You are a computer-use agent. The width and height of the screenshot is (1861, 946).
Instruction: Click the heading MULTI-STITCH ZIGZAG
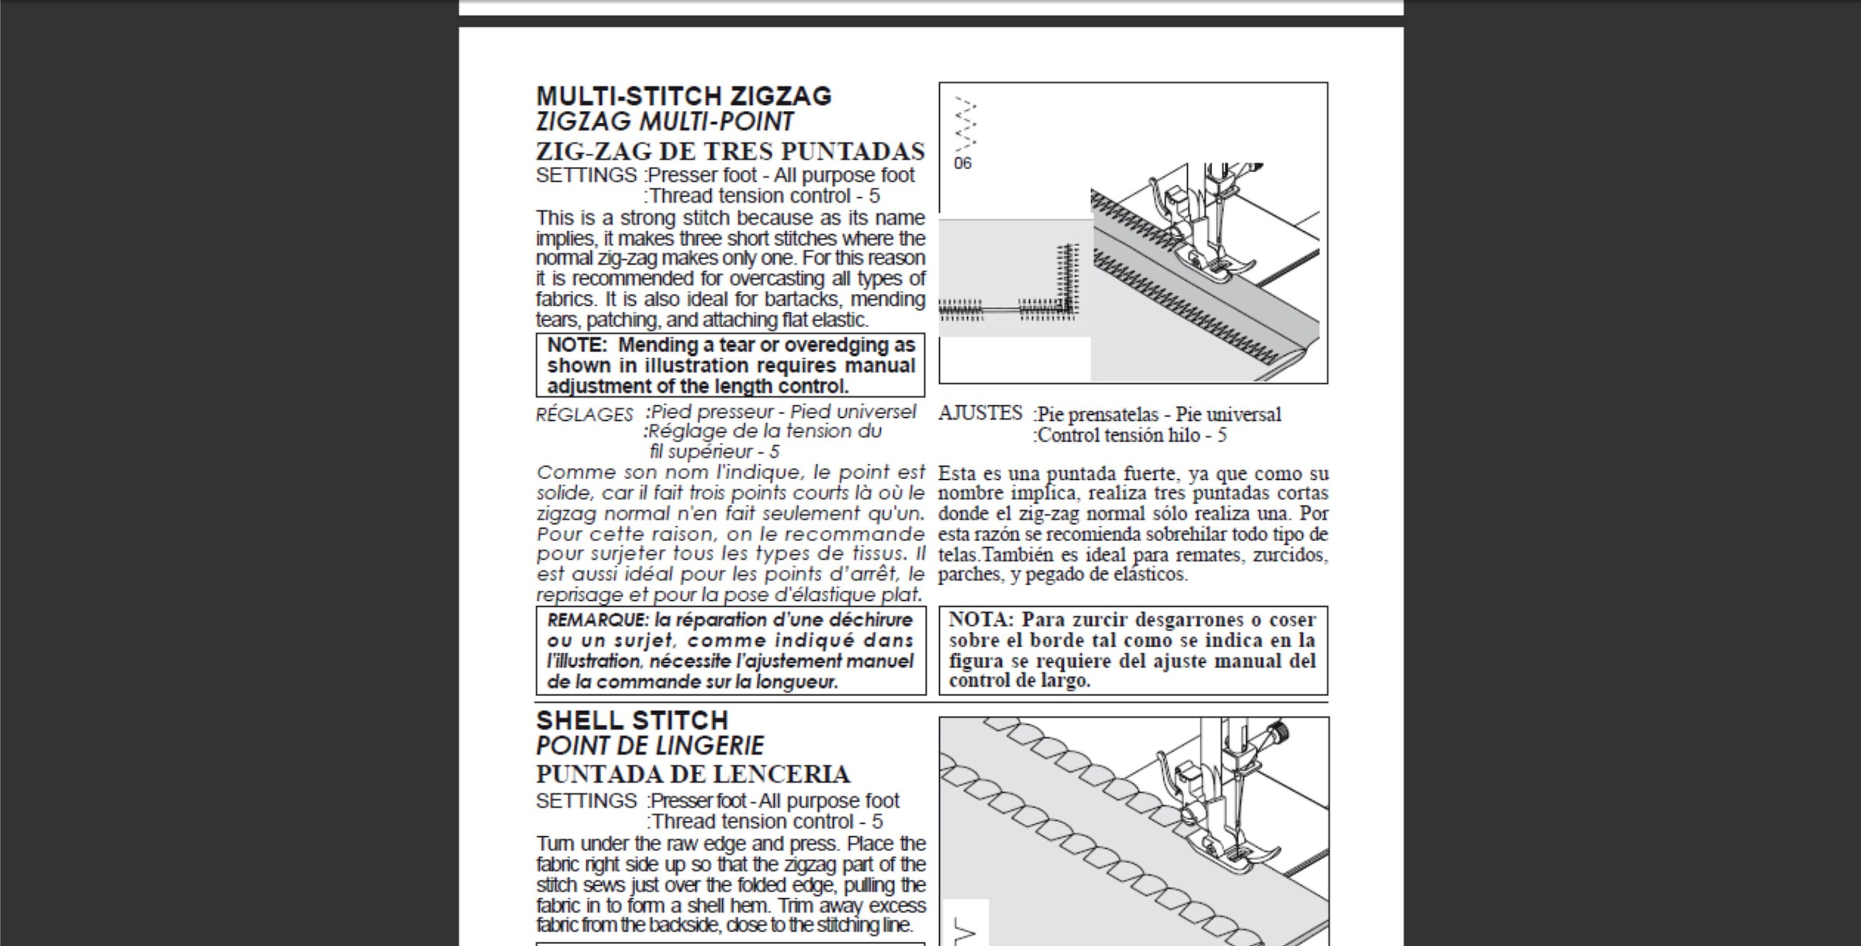coord(684,96)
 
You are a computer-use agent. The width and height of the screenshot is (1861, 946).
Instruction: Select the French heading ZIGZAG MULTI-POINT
coord(664,122)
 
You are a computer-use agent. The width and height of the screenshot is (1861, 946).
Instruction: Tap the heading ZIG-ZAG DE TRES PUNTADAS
coord(730,152)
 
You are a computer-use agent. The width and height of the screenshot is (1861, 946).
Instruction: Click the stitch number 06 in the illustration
coord(963,163)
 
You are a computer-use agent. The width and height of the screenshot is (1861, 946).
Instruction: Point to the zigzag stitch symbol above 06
coord(966,124)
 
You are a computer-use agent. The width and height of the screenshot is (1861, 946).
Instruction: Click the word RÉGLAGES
coord(584,415)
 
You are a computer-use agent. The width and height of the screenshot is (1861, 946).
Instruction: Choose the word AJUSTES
coord(980,413)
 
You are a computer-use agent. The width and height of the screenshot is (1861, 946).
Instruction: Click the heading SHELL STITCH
coord(632,721)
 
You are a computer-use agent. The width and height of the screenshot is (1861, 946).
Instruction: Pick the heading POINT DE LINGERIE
coord(650,745)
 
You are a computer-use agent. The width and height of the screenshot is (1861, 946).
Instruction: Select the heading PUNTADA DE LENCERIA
coord(693,774)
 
